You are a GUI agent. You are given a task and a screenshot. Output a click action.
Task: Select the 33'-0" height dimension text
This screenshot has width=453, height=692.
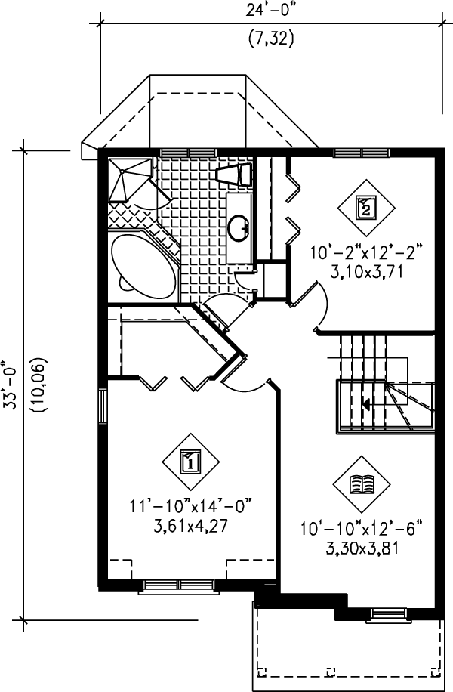coord(10,384)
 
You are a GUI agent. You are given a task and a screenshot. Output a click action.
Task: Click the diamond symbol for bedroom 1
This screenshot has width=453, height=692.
coord(190,460)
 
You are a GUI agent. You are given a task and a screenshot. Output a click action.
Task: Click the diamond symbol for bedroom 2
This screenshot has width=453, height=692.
coord(365,206)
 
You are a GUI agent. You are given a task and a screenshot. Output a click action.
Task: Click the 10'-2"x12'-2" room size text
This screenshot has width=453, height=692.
coord(365,251)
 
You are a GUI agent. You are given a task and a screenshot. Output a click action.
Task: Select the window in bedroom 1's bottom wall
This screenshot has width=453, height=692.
coord(179,585)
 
